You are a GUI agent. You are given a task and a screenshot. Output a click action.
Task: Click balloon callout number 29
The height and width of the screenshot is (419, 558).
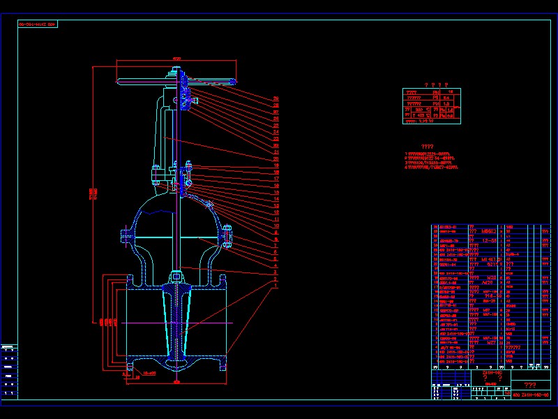coord(276,98)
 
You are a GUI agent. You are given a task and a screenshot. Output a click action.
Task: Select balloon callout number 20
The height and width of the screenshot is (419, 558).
coord(276,159)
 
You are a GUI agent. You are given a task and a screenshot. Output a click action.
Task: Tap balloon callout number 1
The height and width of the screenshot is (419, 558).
coord(276,285)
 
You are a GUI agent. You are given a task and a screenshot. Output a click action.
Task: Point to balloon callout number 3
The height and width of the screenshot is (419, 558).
coord(276,272)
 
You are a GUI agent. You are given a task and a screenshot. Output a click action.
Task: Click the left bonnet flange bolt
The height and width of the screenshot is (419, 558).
coord(125,236)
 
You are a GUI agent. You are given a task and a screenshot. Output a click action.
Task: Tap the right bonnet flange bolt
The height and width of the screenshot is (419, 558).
coord(227,235)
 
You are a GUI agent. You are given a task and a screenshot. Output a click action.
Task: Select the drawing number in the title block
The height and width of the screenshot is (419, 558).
coord(531,395)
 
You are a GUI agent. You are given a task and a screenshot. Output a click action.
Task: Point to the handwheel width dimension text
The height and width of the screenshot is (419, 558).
coord(176,59)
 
